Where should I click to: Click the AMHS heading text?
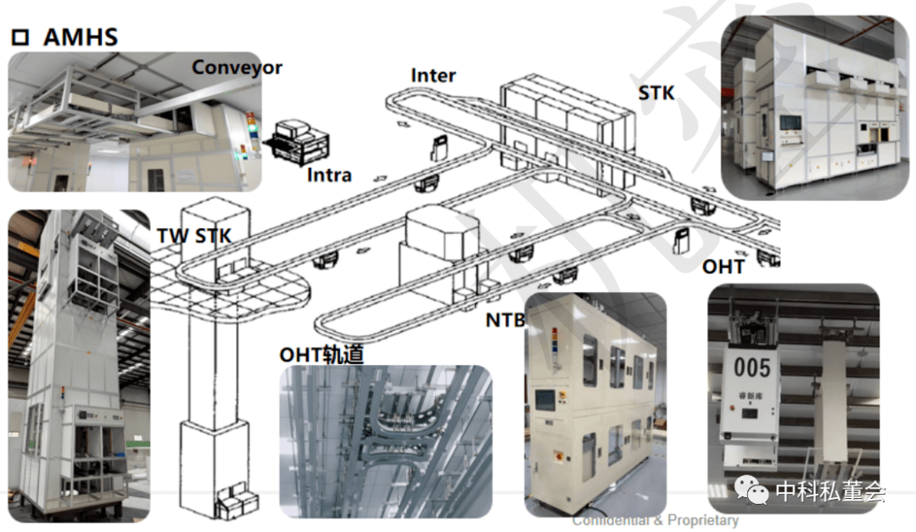coord(80,36)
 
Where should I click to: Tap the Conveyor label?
coord(237,67)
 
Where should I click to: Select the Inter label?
coord(433,75)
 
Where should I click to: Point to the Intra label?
coord(329,176)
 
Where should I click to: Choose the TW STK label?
coord(194,236)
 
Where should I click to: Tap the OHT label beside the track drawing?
coord(723,266)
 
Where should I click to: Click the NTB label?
coord(505,320)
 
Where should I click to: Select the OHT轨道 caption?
coord(322,354)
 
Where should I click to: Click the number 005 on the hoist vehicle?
coord(752,367)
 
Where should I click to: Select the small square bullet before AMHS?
coord(20,37)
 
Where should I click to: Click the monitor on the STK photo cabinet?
coord(790,122)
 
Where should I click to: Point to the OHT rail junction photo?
coord(385,440)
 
